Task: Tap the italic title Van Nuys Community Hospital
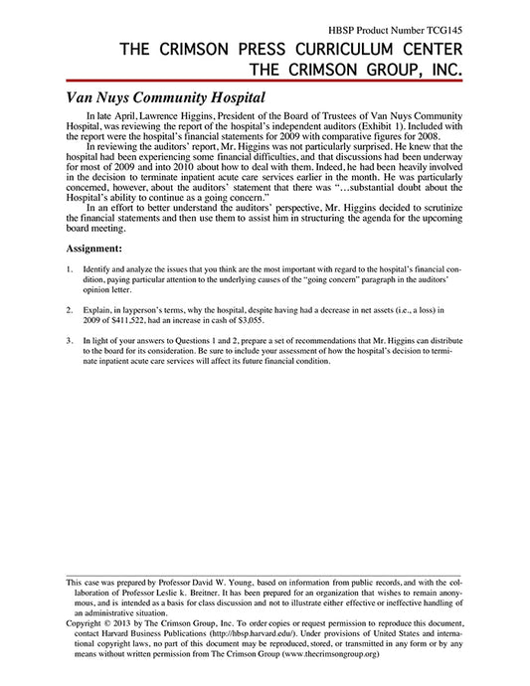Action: click(165, 99)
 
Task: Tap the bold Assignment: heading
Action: click(94, 247)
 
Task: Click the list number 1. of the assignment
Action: click(70, 269)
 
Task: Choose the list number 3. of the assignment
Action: click(70, 340)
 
